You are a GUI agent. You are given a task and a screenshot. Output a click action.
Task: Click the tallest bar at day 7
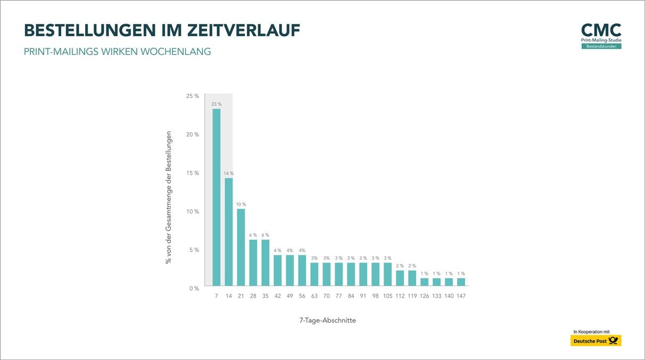pos(217,197)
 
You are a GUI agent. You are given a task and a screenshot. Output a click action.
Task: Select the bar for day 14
pos(229,232)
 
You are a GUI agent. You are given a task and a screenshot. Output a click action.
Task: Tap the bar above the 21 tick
pos(241,247)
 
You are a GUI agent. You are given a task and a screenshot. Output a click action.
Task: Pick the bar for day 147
pos(461,282)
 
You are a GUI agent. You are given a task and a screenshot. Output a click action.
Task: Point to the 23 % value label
pos(217,104)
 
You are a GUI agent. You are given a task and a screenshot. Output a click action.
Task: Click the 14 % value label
pos(229,174)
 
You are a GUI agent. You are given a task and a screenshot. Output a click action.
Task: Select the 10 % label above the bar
pos(241,204)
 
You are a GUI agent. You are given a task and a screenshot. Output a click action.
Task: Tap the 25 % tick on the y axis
pos(193,96)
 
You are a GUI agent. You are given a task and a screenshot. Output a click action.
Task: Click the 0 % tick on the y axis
pos(194,288)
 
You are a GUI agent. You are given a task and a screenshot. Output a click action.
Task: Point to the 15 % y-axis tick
pos(193,173)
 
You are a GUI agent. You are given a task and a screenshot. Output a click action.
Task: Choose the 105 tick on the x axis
pos(387,296)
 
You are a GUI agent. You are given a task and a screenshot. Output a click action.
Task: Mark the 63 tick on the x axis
pos(315,296)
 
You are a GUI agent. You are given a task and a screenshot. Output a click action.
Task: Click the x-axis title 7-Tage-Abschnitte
pos(327,321)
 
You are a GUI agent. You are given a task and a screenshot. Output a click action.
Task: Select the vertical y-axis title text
pos(169,197)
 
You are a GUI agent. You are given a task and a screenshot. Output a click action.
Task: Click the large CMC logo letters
pos(601,30)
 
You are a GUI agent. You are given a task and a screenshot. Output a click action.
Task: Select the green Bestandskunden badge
pos(601,46)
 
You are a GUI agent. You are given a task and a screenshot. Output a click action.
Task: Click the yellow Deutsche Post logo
pos(596,341)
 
